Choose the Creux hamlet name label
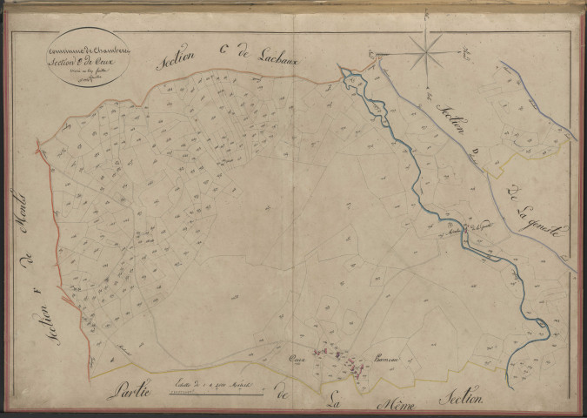300,357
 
